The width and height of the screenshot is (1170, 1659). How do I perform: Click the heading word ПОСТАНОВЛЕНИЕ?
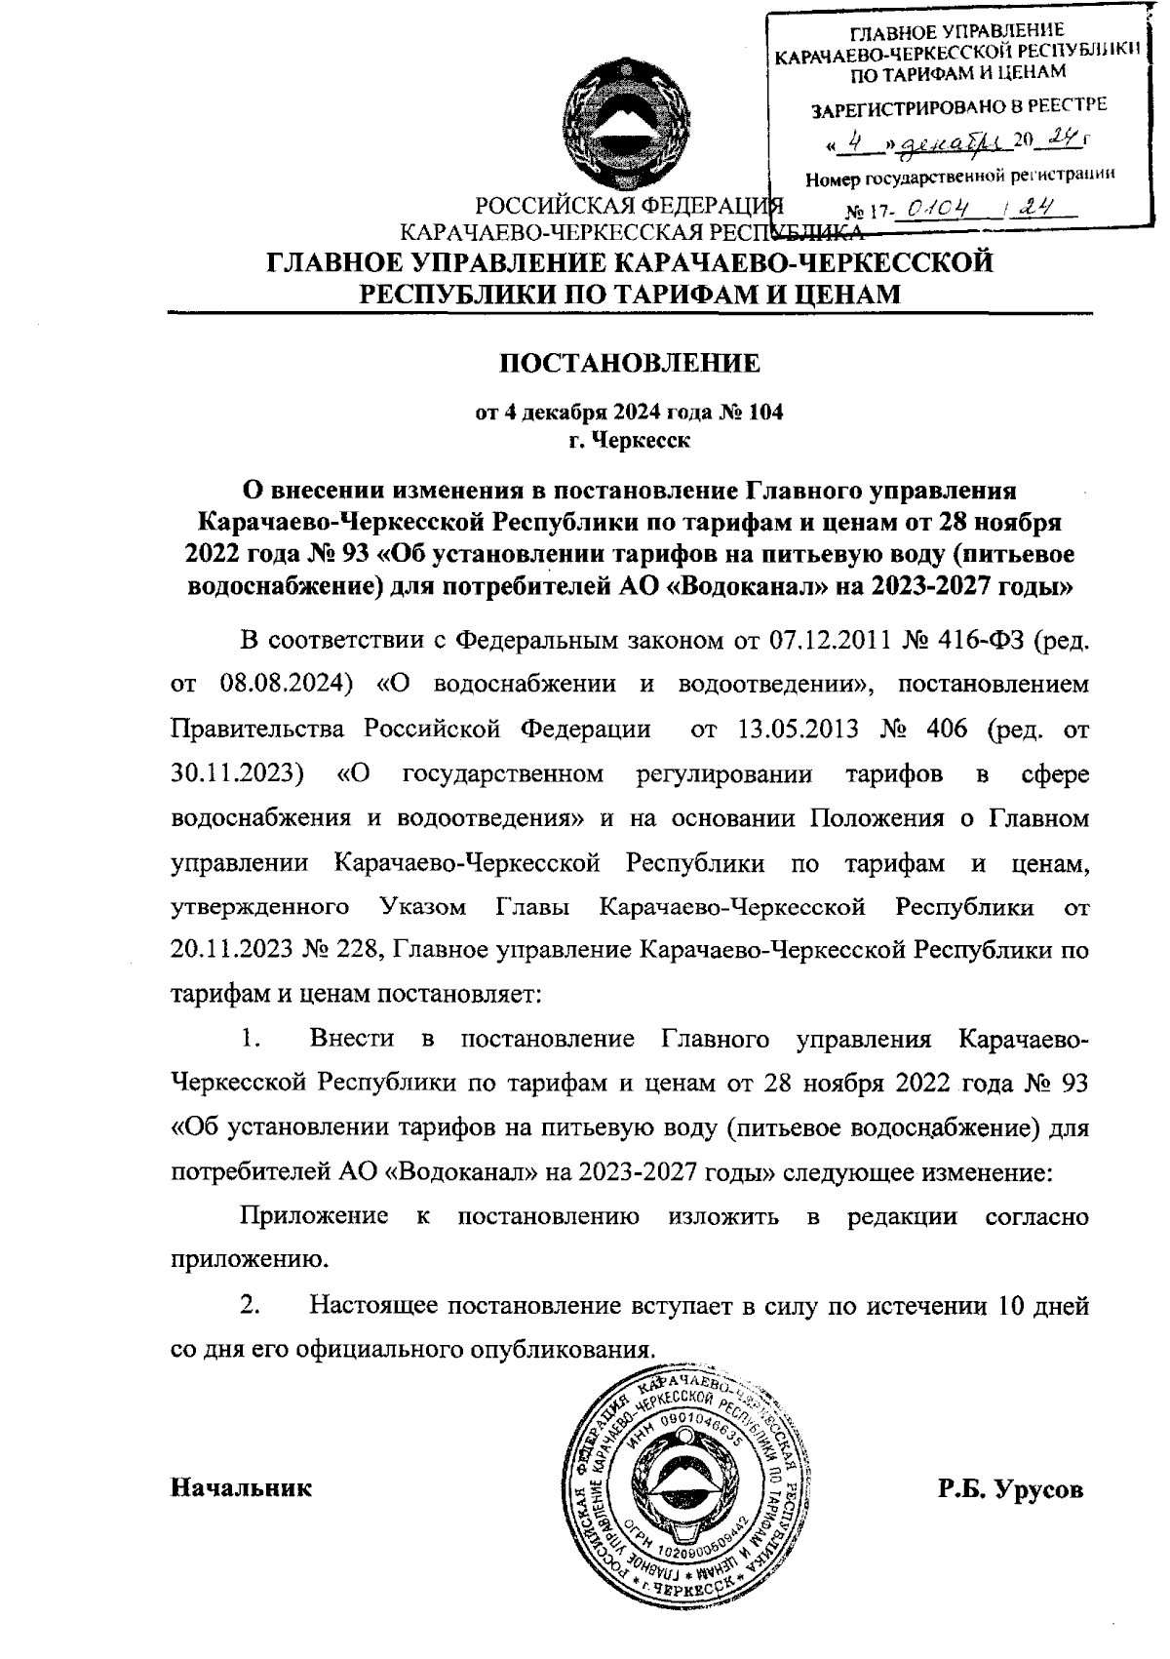[x=630, y=364]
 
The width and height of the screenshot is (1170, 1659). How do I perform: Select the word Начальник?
[x=242, y=1487]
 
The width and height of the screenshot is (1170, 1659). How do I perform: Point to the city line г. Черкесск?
[x=630, y=441]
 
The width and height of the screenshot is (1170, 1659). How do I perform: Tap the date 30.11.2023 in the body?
[x=231, y=774]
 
